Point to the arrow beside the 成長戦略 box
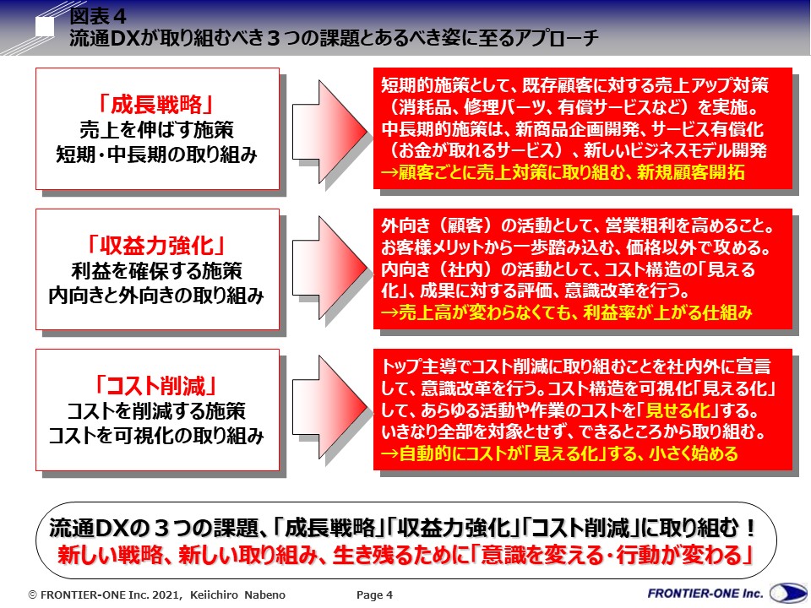(x=329, y=128)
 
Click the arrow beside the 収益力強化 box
(x=329, y=269)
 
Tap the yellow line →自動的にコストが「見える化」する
(x=559, y=453)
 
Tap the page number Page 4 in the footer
(x=375, y=594)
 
